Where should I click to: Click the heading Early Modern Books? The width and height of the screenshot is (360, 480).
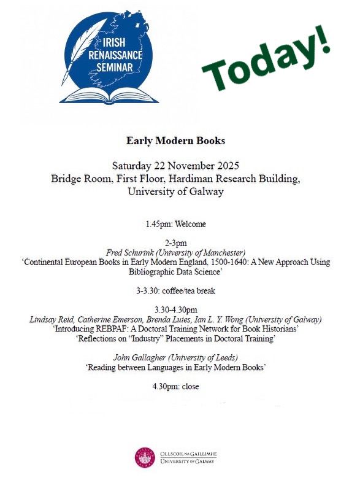coord(175,141)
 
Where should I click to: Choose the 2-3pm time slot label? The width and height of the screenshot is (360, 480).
coord(175,243)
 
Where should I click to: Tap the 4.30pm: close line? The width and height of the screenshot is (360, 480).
coord(175,386)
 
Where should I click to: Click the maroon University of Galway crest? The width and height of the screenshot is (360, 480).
coord(144,456)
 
